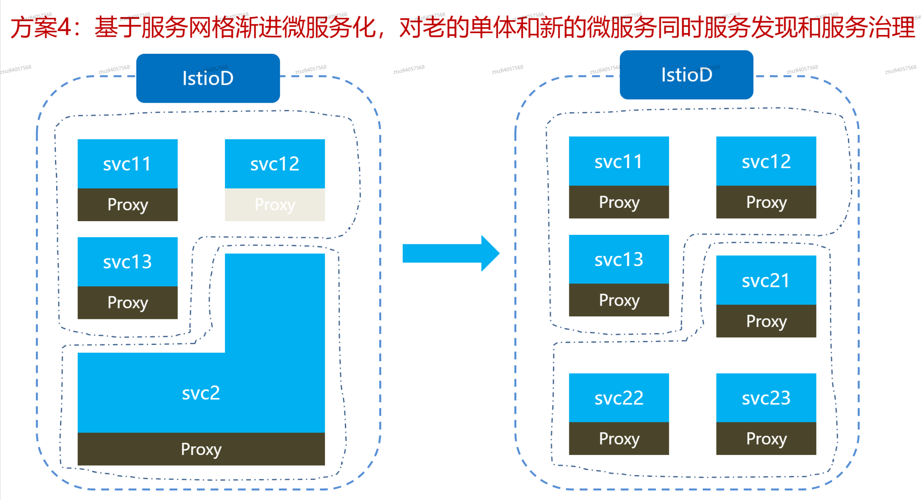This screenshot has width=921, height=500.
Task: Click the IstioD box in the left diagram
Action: (208, 78)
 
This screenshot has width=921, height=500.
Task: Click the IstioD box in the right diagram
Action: (686, 74)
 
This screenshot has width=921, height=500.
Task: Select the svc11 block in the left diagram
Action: (127, 164)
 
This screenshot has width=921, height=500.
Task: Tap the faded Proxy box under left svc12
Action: (275, 204)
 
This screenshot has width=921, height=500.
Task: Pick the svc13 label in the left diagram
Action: (127, 262)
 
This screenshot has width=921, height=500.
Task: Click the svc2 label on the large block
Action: (201, 393)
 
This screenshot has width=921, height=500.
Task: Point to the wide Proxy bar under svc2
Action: (201, 449)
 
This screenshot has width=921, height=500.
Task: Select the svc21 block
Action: (766, 280)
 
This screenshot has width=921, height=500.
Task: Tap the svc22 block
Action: (619, 398)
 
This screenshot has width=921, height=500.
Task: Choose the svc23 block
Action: (766, 398)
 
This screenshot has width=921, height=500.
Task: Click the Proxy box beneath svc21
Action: (766, 321)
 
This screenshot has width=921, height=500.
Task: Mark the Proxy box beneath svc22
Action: (619, 438)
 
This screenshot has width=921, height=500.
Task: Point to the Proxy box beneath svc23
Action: (766, 438)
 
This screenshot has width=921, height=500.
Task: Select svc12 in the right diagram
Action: (766, 161)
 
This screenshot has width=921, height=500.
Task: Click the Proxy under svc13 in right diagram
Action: (619, 300)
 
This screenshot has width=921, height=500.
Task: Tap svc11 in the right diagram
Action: (619, 161)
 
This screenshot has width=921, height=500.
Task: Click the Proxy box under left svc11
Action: (127, 204)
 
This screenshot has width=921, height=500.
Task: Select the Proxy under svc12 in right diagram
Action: (766, 202)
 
